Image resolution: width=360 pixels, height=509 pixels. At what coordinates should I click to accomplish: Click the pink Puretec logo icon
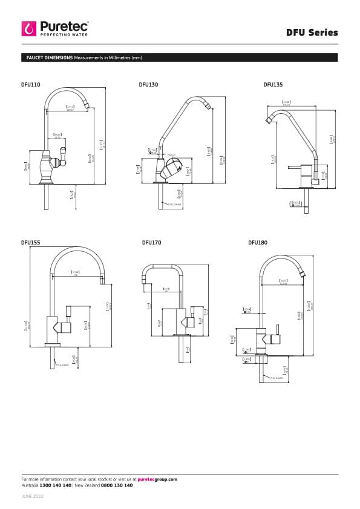pyautogui.click(x=29, y=28)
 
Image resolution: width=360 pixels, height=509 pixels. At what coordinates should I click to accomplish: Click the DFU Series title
pyautogui.click(x=312, y=33)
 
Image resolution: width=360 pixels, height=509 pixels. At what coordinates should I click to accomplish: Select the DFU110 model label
pyautogui.click(x=31, y=85)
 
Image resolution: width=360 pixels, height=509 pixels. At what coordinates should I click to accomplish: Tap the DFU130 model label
pyautogui.click(x=148, y=85)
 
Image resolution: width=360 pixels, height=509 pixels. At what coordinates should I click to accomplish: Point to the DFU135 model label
pyautogui.click(x=273, y=85)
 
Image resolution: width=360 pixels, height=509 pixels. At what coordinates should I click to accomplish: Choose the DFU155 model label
pyautogui.click(x=31, y=242)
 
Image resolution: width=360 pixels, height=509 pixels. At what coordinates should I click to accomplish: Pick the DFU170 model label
pyautogui.click(x=151, y=242)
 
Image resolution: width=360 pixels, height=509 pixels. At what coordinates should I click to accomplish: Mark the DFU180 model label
pyautogui.click(x=258, y=242)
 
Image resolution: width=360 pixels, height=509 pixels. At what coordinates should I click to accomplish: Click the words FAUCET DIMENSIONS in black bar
pyautogui.click(x=49, y=57)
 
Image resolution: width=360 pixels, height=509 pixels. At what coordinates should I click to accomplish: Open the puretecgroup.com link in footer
pyautogui.click(x=157, y=479)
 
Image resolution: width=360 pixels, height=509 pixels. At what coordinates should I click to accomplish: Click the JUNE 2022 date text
pyautogui.click(x=33, y=496)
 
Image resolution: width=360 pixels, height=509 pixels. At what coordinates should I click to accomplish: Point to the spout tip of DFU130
pyautogui.click(x=208, y=109)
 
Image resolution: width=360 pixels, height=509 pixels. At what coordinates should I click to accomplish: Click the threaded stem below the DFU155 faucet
pyautogui.click(x=51, y=358)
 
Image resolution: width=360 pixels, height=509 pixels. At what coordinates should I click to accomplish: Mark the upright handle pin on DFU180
pyautogui.click(x=278, y=330)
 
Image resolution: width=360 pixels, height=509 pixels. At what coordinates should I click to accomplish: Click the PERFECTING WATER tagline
pyautogui.click(x=64, y=35)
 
